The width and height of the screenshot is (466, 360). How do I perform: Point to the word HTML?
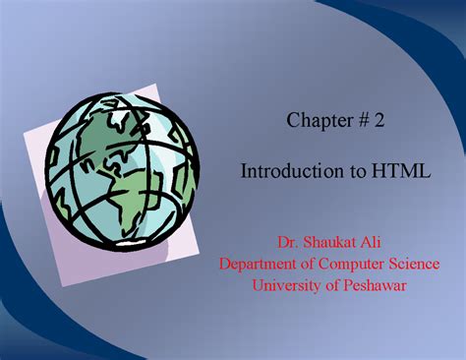click(x=400, y=171)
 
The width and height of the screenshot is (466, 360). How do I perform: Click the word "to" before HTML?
click(x=354, y=171)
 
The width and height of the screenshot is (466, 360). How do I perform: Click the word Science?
click(x=412, y=264)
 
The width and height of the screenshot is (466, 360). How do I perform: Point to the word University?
click(x=287, y=285)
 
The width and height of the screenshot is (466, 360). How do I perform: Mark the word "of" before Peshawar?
click(x=332, y=285)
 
